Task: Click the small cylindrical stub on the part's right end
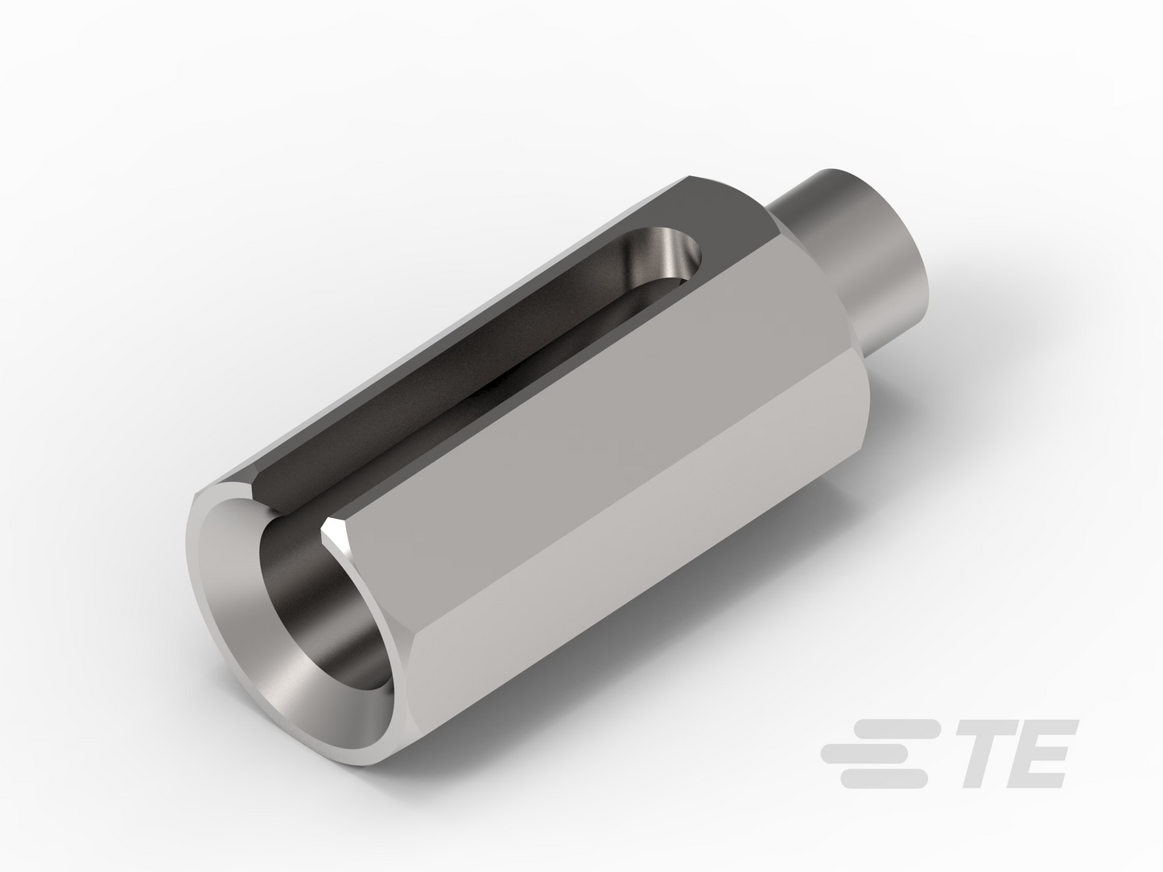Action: pyautogui.click(x=858, y=254)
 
